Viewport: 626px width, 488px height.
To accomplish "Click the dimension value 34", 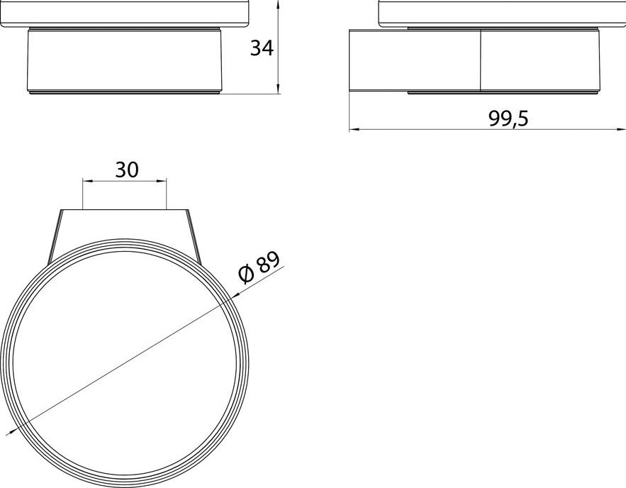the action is point(262,48).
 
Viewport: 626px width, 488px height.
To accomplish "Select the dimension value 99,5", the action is point(508,118).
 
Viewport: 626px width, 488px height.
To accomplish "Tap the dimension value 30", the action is point(127,170).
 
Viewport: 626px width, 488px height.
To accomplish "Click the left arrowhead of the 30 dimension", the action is point(87,181).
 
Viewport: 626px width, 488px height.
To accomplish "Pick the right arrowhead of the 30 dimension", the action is point(161,181).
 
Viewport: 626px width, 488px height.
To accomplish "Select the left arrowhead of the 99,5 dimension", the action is point(354,129).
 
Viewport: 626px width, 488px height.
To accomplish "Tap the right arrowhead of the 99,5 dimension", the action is point(621,129).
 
